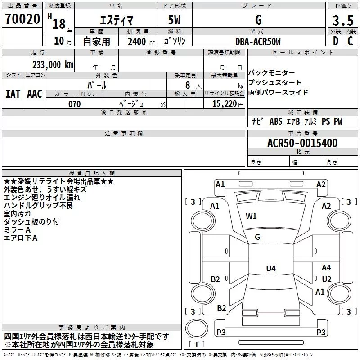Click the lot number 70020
click(x=22, y=19)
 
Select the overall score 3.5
click(x=343, y=20)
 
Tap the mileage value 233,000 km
click(x=53, y=65)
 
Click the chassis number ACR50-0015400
click(x=302, y=143)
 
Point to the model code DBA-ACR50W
click(x=258, y=41)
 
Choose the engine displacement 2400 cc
click(x=141, y=42)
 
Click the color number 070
click(x=75, y=104)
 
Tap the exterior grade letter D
click(x=336, y=41)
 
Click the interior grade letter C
click(x=350, y=41)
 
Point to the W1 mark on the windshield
click(x=251, y=216)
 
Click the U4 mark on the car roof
click(x=271, y=268)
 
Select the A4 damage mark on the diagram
click(x=326, y=267)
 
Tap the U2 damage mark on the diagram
click(x=327, y=279)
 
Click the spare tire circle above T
click(x=197, y=328)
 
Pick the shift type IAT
click(x=13, y=94)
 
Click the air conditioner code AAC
click(x=35, y=94)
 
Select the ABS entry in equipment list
click(x=276, y=121)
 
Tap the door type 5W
click(x=174, y=20)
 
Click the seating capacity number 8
click(x=188, y=85)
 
